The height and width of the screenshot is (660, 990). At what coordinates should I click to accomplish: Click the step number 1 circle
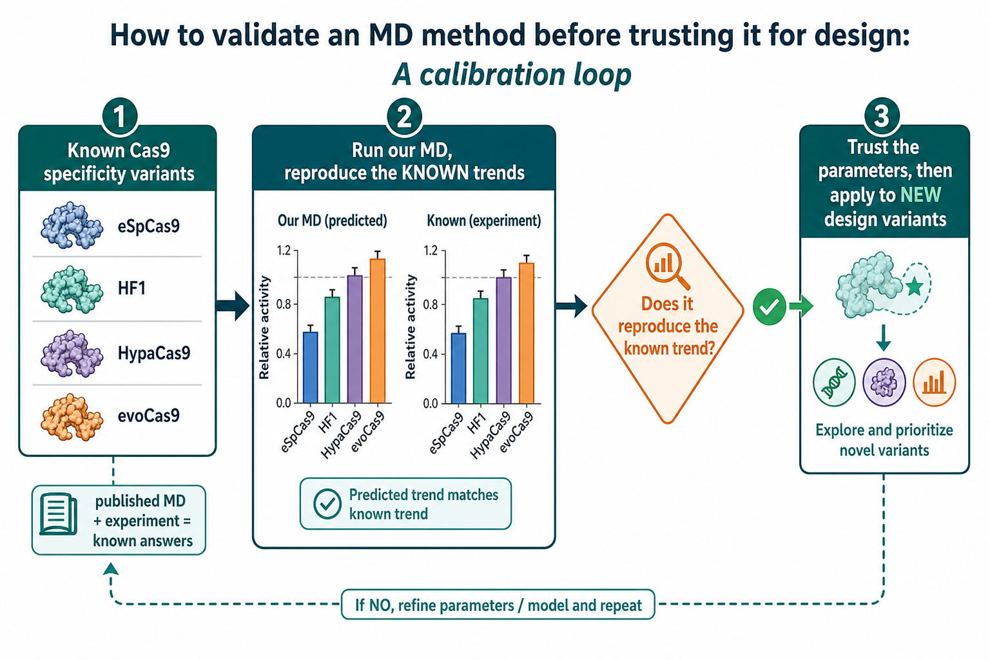coord(119,116)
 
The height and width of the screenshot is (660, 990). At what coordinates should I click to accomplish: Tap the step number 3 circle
coord(882,116)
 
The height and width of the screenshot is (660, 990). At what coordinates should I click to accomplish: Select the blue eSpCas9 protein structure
coord(72,226)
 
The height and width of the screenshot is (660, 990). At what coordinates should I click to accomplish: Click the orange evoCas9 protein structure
coord(72,416)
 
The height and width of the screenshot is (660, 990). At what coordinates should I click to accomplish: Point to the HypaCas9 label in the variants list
coord(154,353)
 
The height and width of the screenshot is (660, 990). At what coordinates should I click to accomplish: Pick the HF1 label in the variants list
coord(131,288)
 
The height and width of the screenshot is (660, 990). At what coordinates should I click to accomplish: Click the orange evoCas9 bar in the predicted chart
coord(378,331)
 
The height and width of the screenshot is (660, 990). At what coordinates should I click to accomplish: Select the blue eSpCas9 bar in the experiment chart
coord(458,368)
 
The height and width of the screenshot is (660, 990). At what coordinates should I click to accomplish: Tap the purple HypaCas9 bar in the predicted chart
coord(355,339)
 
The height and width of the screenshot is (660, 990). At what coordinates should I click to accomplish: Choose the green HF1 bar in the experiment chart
coord(480,351)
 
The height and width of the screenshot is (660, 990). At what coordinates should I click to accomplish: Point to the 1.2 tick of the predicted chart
coord(284,251)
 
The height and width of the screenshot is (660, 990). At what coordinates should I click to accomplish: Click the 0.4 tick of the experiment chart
coord(431,354)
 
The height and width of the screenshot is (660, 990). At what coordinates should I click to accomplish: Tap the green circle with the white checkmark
coord(770,306)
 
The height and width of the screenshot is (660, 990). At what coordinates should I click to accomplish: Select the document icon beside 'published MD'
coord(58,514)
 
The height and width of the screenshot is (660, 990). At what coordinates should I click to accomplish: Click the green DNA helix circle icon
coord(834,382)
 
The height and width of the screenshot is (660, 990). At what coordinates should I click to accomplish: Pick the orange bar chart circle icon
coord(934,382)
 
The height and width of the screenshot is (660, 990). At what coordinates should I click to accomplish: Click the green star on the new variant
coord(914,286)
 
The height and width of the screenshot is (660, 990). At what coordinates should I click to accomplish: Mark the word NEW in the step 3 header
coord(920,195)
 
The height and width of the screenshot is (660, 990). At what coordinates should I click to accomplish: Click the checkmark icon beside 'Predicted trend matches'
coord(327,504)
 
